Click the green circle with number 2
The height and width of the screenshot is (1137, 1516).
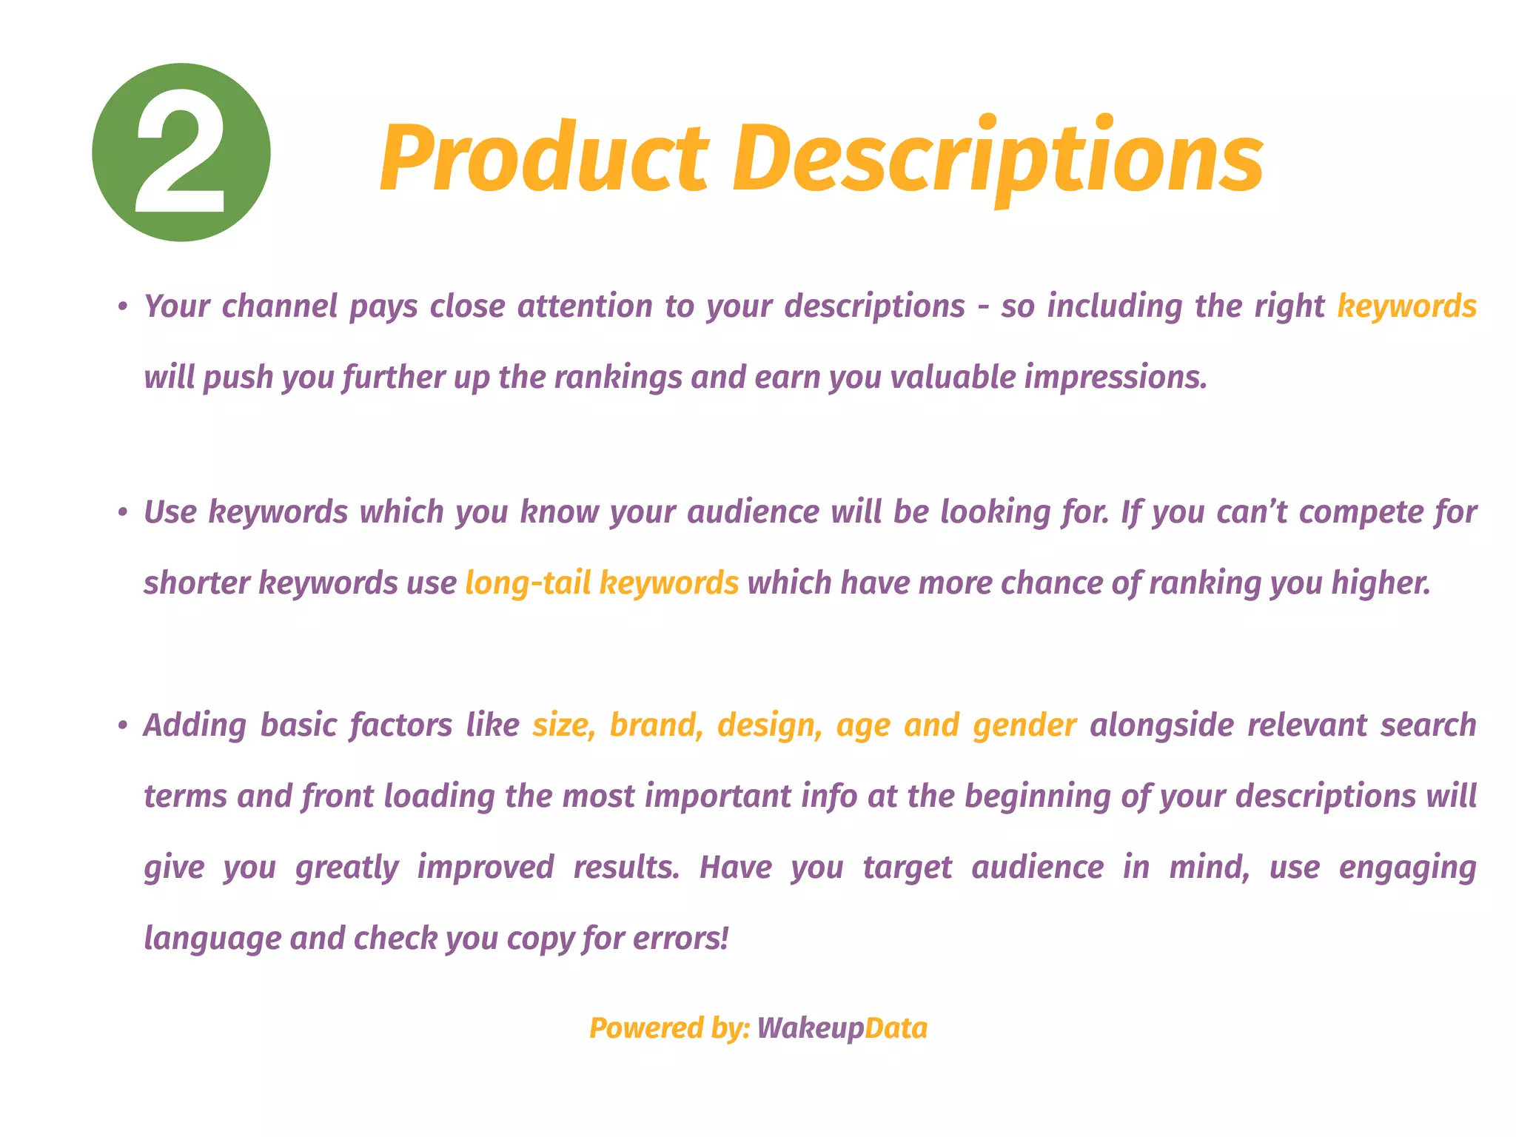[x=181, y=152]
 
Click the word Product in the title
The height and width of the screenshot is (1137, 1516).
[x=544, y=158]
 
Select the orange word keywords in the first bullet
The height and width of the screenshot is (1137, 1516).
[x=1406, y=306]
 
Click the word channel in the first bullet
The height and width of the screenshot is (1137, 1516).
[x=280, y=306]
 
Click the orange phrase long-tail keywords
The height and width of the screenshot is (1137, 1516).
[x=602, y=583]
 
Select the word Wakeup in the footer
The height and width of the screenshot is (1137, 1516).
[x=811, y=1029]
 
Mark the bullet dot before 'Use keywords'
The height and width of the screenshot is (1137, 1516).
[x=123, y=513]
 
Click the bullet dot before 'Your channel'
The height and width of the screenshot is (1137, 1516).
[x=123, y=307]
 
